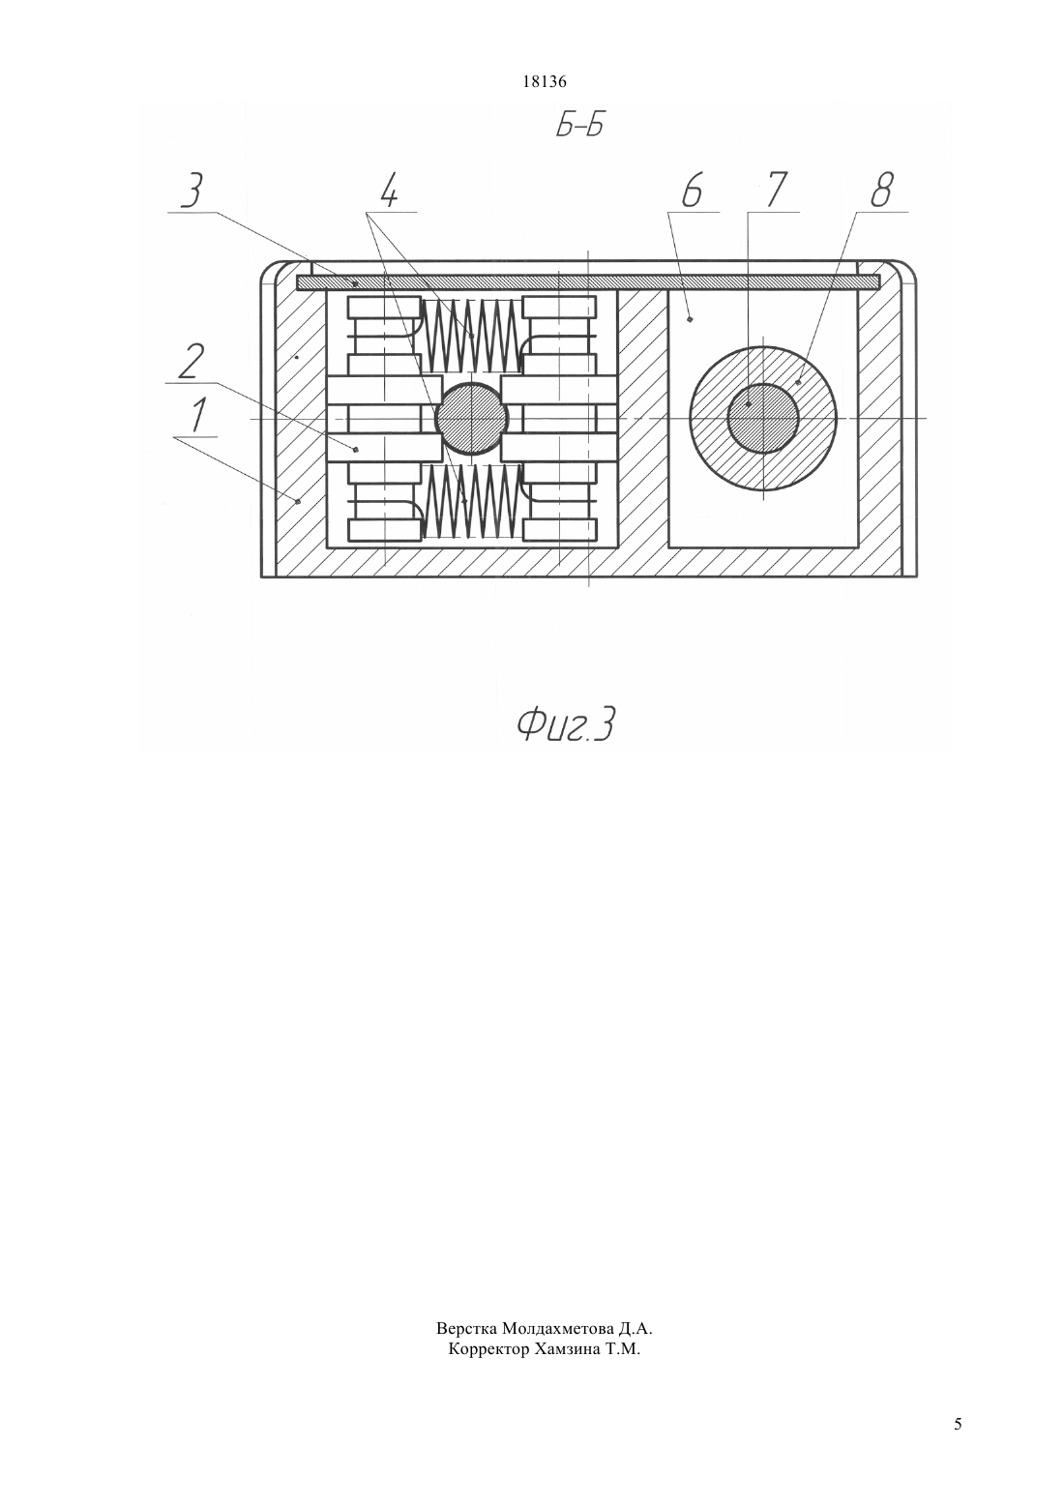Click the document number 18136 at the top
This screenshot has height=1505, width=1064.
pyautogui.click(x=544, y=82)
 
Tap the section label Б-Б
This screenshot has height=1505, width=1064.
pyautogui.click(x=578, y=127)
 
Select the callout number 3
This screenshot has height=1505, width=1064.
pyautogui.click(x=191, y=192)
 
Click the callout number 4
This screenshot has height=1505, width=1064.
pyautogui.click(x=389, y=192)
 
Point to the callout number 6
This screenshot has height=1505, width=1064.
pyautogui.click(x=692, y=192)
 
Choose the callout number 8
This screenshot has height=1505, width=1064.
pyautogui.click(x=881, y=192)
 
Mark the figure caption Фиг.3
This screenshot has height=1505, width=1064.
pyautogui.click(x=566, y=726)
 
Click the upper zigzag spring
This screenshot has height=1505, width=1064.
pyautogui.click(x=472, y=336)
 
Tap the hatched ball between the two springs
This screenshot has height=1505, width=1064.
pyautogui.click(x=472, y=419)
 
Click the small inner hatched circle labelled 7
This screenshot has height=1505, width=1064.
pyautogui.click(x=763, y=419)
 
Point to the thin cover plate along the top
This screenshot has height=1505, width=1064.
pyautogui.click(x=588, y=282)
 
